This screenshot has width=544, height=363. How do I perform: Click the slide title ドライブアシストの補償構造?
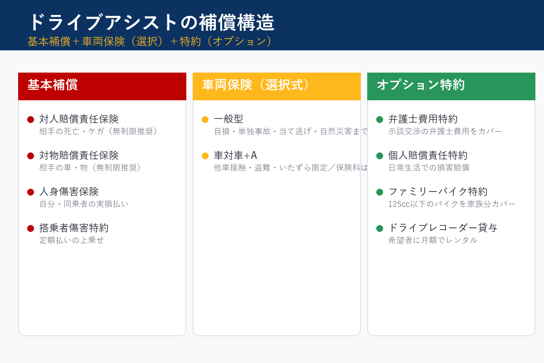coord(151,22)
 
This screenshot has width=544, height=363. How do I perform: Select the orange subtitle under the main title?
coord(150,41)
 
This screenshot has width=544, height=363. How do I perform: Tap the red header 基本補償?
coord(53,85)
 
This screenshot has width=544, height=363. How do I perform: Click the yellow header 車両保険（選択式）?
coord(256,85)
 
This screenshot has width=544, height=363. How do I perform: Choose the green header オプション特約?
coord(421,85)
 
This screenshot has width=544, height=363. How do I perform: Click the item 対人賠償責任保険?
coord(79,119)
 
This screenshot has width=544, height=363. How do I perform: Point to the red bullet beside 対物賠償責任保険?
coord(31,156)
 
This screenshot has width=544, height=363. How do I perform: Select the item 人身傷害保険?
coord(69,191)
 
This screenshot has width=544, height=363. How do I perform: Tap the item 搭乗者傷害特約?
coord(74,228)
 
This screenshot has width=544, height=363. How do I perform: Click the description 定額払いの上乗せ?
coord(72,240)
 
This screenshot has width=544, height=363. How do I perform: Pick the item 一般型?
coord(228,119)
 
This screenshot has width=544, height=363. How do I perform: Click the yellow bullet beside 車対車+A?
coord(205,156)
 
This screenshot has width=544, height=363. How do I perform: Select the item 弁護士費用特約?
coord(423,119)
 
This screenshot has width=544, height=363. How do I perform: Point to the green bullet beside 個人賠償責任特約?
coord(379,156)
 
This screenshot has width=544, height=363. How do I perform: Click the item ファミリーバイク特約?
coord(438,191)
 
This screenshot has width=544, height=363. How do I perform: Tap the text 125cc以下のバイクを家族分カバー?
coord(452,204)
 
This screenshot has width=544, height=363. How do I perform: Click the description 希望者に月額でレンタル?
coord(433,240)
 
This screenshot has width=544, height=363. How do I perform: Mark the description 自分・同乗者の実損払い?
coord(84,204)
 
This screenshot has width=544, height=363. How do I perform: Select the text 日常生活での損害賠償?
coord(429,167)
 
